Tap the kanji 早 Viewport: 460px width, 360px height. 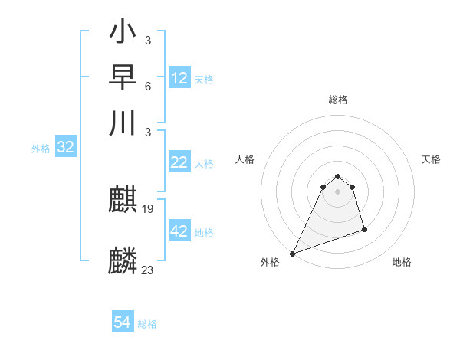(123, 77)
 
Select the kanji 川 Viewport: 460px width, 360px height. (123, 122)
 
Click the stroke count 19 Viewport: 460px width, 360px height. (148, 209)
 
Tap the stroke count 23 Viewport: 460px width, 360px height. (148, 269)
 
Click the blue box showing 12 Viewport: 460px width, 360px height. (179, 78)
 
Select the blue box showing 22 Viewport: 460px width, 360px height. (179, 162)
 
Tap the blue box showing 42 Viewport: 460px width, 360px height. (179, 231)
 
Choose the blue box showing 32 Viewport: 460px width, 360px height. (65, 147)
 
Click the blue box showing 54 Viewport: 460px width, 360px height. (123, 322)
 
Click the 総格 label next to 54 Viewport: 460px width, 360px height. (147, 324)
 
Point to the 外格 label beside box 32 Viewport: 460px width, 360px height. (41, 149)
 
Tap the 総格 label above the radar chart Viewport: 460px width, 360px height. (338, 100)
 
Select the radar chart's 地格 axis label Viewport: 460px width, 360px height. (402, 262)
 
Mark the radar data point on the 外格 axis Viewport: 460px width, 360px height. (292, 253)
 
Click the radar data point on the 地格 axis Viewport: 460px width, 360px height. (364, 229)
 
